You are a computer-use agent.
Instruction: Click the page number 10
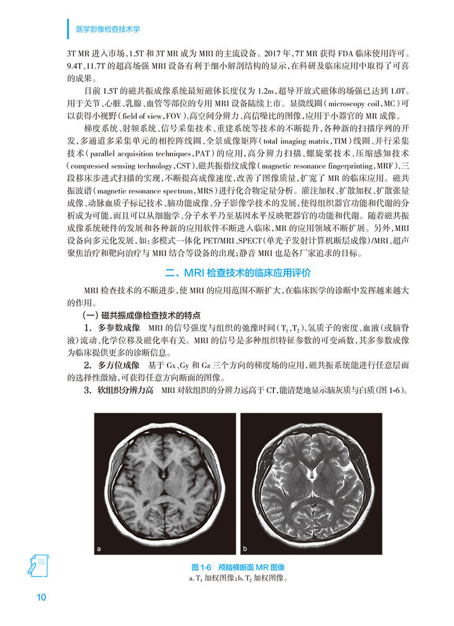pyautogui.click(x=41, y=598)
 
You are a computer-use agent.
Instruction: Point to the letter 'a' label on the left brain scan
pyautogui.click(x=100, y=549)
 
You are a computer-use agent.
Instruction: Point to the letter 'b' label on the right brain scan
pyautogui.click(x=245, y=549)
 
